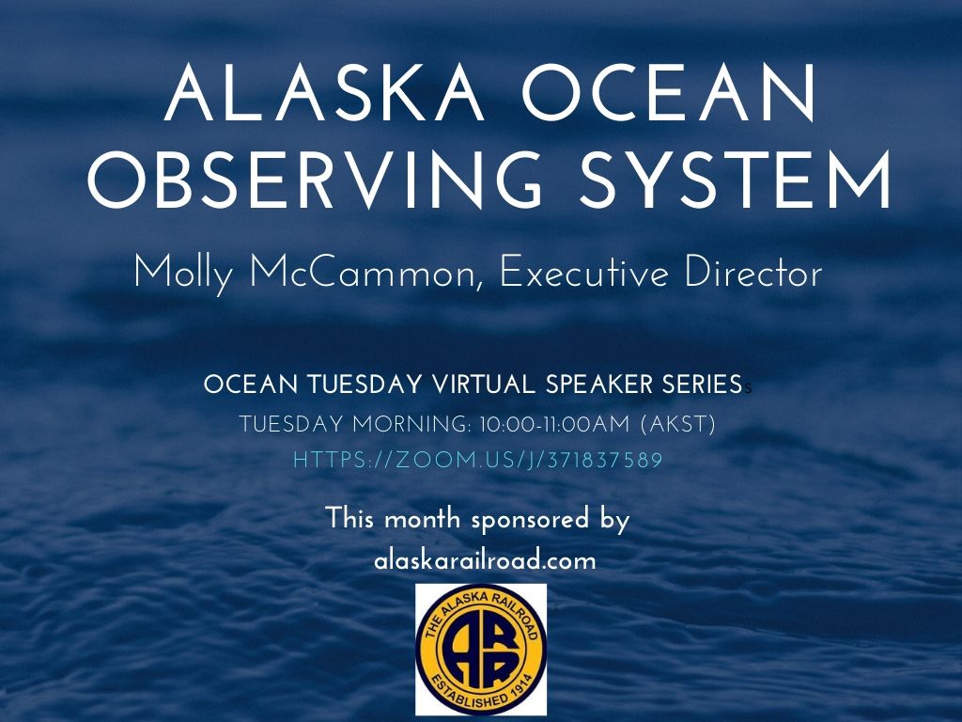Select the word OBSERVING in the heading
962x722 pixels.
click(318, 183)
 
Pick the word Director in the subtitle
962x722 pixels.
click(753, 274)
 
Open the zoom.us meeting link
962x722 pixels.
click(478, 462)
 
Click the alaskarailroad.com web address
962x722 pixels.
click(485, 561)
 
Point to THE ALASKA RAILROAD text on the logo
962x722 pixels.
click(481, 603)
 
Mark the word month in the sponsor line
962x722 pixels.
click(420, 519)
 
